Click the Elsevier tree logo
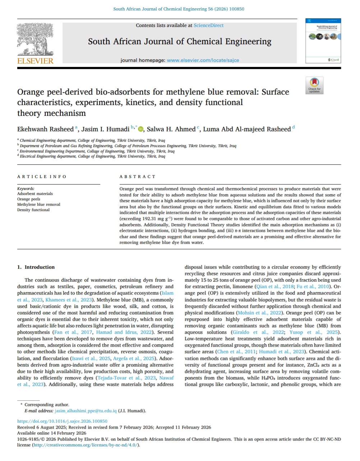(35, 39)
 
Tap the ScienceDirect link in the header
(208, 26)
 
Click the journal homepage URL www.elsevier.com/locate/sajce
(203, 60)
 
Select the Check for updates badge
(314, 85)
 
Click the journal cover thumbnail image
(323, 41)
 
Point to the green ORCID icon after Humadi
(140, 129)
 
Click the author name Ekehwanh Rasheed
(45, 129)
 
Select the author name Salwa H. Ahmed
(171, 129)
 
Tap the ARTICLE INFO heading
(42, 177)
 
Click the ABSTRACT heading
(138, 177)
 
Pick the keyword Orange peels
(29, 199)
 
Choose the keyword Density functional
(33, 210)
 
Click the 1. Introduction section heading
(36, 267)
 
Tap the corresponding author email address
(86, 411)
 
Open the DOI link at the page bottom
(62, 421)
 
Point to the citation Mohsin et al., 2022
(256, 313)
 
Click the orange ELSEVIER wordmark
(35, 61)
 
